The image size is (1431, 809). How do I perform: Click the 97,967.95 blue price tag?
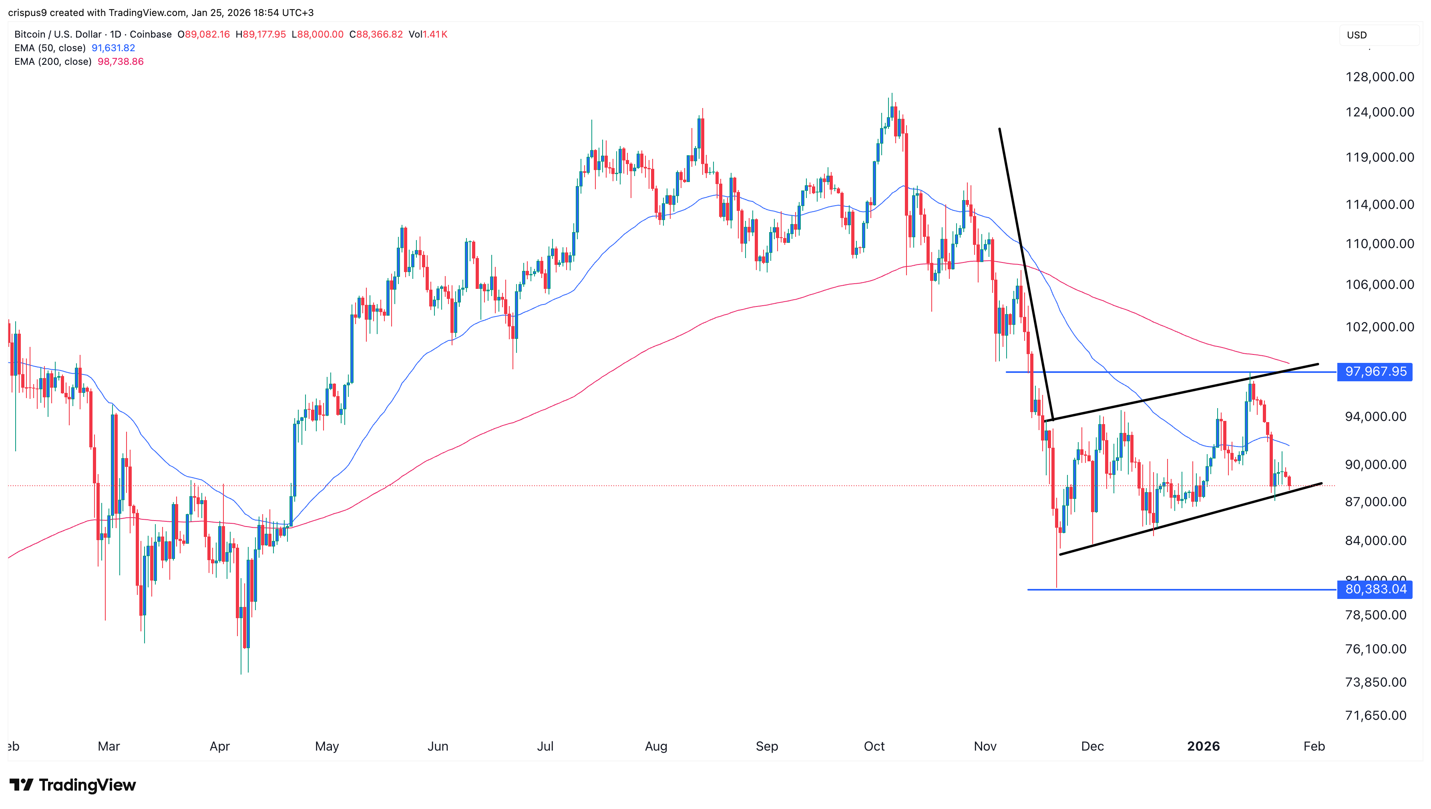pos(1375,372)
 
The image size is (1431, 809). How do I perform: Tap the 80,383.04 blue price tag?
pos(1375,589)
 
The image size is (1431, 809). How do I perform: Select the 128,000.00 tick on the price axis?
pos(1379,77)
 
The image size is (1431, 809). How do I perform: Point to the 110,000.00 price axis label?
pos(1379,243)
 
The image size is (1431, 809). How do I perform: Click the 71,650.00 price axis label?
pos(1375,715)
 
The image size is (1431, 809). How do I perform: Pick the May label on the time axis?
pos(327,746)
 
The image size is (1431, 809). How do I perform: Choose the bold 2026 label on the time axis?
pos(1203,746)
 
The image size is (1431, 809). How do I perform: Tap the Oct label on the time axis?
pos(874,746)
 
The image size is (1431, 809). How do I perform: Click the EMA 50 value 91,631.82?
pos(113,48)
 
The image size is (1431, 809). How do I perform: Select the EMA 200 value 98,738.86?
pos(121,62)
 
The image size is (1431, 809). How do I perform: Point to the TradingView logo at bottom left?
pos(73,785)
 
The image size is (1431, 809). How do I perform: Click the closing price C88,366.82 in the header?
pos(376,34)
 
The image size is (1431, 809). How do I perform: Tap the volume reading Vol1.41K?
pos(428,34)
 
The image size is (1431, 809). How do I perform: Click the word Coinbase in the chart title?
pos(151,34)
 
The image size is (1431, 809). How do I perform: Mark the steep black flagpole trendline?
pos(1026,272)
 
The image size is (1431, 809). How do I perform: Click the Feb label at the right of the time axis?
pos(1314,746)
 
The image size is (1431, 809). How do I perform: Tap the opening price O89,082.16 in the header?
pos(203,34)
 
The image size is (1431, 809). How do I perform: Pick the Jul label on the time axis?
pos(545,746)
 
